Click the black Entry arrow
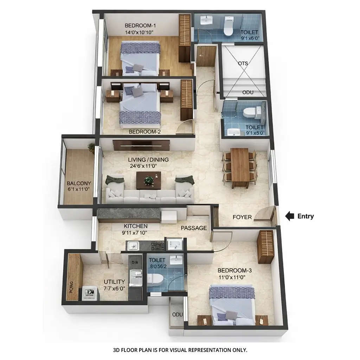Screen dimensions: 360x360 [x=289, y=216]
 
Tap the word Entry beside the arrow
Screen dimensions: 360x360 [x=305, y=216]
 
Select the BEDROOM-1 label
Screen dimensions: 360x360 [x=140, y=26]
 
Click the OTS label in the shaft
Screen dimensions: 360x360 [x=243, y=64]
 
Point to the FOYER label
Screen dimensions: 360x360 [x=242, y=217]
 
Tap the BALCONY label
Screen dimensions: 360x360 [x=79, y=183]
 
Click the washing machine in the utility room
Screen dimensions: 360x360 [x=90, y=294]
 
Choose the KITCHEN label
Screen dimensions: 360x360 [x=135, y=226]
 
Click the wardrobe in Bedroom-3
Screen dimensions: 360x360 [x=265, y=246]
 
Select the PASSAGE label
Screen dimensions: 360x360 [x=194, y=228]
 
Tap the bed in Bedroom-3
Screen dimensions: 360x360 [x=232, y=304]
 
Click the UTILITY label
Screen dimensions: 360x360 [x=114, y=282]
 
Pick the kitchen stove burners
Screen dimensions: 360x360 [x=157, y=246]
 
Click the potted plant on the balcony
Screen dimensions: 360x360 [x=91, y=148]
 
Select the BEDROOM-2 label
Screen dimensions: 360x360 [x=144, y=132]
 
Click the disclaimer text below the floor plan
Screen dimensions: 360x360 [x=180, y=350]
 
